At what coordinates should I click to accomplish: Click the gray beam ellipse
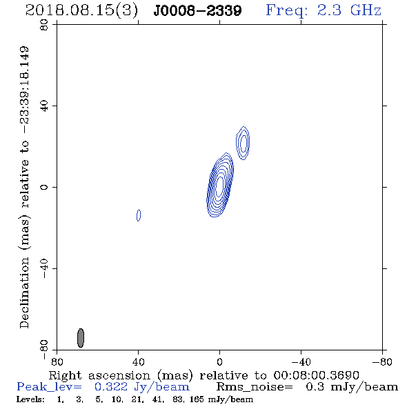tap(81, 338)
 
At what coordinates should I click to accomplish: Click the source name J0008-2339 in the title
tap(197, 10)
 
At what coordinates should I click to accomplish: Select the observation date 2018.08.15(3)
tap(82, 10)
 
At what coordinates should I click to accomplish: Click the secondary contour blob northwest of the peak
tap(243, 143)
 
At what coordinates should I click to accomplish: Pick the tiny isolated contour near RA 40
tap(139, 215)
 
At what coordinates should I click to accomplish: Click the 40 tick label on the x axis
tap(138, 362)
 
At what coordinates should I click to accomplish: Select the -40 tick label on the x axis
tap(301, 362)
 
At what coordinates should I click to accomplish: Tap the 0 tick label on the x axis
tap(219, 362)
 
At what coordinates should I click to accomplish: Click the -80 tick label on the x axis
tap(382, 362)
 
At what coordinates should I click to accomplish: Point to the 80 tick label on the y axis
tap(44, 25)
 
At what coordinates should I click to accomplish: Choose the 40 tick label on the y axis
tap(44, 106)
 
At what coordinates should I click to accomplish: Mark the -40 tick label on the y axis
tap(44, 268)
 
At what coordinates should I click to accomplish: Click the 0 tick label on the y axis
tap(44, 187)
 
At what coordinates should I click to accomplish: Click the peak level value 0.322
tap(111, 387)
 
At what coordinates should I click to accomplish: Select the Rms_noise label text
tap(255, 387)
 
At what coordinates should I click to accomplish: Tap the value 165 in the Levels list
tap(197, 399)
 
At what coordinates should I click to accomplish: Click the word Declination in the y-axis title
tap(24, 292)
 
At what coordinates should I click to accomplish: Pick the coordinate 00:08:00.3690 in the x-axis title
tap(316, 375)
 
